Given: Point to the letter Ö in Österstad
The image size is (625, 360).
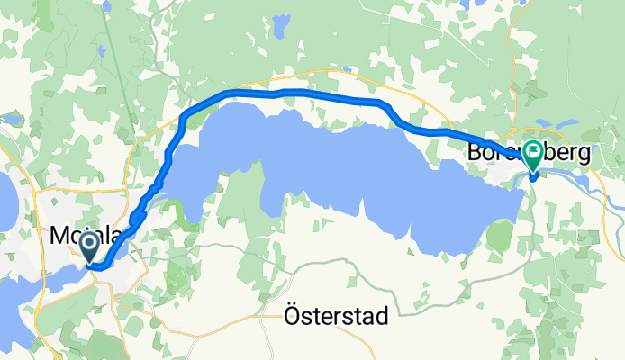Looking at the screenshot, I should tap(291, 316).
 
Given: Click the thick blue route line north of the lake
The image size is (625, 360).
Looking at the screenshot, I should tap(297, 92).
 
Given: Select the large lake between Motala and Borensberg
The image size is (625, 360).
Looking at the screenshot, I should tap(360, 171).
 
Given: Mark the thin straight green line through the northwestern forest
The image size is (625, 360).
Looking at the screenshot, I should tap(113, 72).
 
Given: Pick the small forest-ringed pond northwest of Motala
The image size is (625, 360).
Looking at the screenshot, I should tap(13, 118).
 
